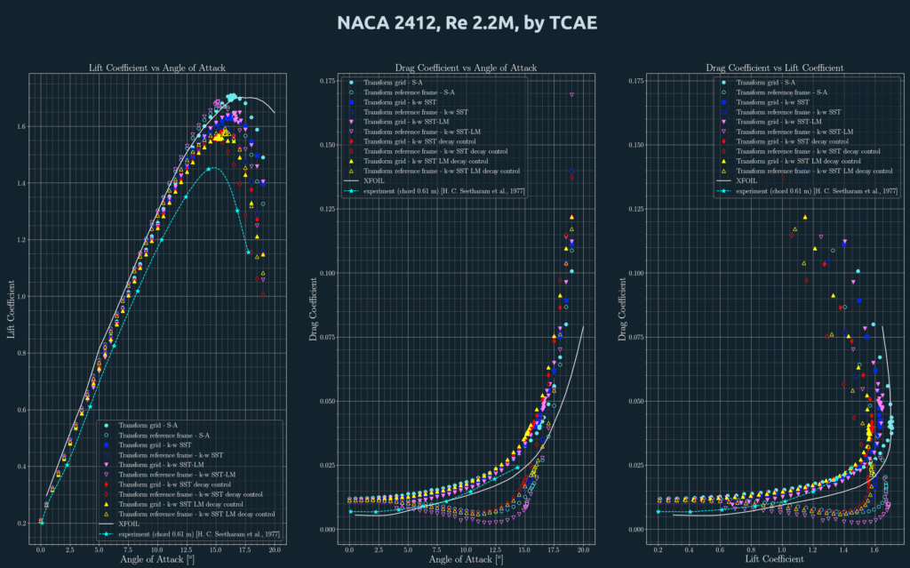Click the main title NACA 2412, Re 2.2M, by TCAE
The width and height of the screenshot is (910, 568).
[x=454, y=22]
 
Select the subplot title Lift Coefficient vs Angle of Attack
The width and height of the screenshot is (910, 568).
[x=157, y=68]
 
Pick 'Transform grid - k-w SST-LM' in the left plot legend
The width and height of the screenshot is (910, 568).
[x=173, y=465]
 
